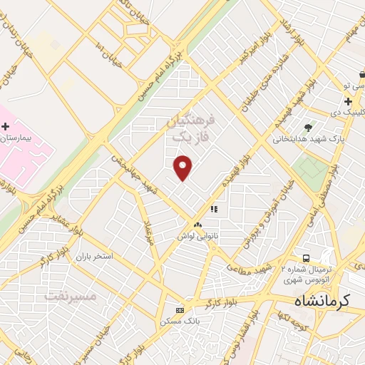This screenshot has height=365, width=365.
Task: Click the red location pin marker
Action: tap(184, 168)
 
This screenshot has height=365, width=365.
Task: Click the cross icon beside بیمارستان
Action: tap(6, 126)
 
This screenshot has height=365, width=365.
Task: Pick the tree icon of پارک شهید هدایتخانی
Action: tap(308, 128)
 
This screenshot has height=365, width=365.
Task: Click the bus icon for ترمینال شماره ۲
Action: tap(306, 257)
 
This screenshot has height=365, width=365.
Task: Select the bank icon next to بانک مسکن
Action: tap(180, 310)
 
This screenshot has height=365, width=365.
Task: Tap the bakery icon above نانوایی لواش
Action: tap(197, 225)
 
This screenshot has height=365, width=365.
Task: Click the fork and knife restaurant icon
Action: tap(213, 210)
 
